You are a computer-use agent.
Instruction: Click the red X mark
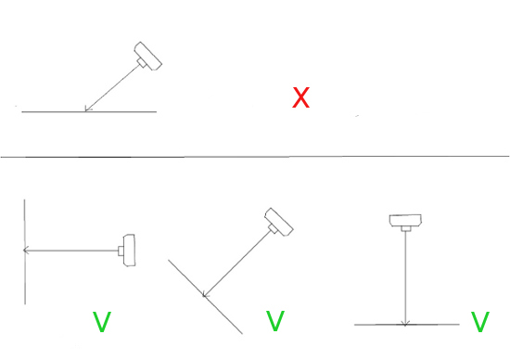click(x=300, y=97)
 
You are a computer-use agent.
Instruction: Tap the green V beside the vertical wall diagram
click(x=103, y=322)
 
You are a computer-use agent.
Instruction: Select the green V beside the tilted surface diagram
click(x=274, y=321)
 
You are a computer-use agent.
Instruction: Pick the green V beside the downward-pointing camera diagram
click(x=479, y=322)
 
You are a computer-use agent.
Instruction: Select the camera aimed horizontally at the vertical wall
click(x=129, y=250)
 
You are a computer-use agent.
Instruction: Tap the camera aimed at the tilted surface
click(x=278, y=221)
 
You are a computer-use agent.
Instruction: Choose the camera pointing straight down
click(x=404, y=221)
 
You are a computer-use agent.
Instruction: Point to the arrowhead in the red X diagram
click(x=86, y=109)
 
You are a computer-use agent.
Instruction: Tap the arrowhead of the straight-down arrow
click(x=405, y=322)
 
